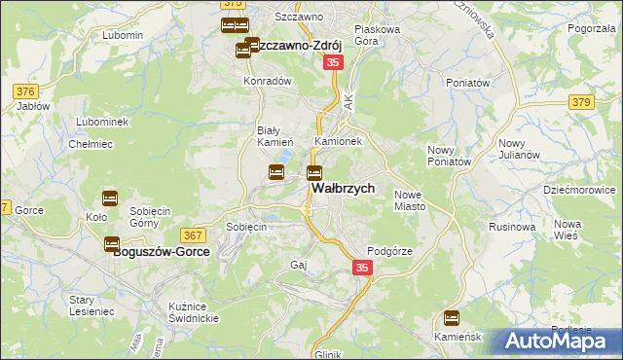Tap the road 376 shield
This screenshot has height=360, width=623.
(25, 91)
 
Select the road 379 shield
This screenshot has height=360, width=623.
(582, 102)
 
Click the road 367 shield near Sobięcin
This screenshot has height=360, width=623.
(192, 234)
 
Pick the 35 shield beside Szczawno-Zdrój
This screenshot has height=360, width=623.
(333, 61)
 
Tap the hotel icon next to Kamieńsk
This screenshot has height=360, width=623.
(451, 317)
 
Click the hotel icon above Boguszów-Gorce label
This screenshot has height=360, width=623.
(112, 244)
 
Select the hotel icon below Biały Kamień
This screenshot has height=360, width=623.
(276, 172)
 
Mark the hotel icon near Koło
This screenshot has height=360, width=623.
(109, 198)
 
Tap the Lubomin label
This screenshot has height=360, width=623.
(122, 35)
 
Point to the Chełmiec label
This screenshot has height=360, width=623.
(87, 144)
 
